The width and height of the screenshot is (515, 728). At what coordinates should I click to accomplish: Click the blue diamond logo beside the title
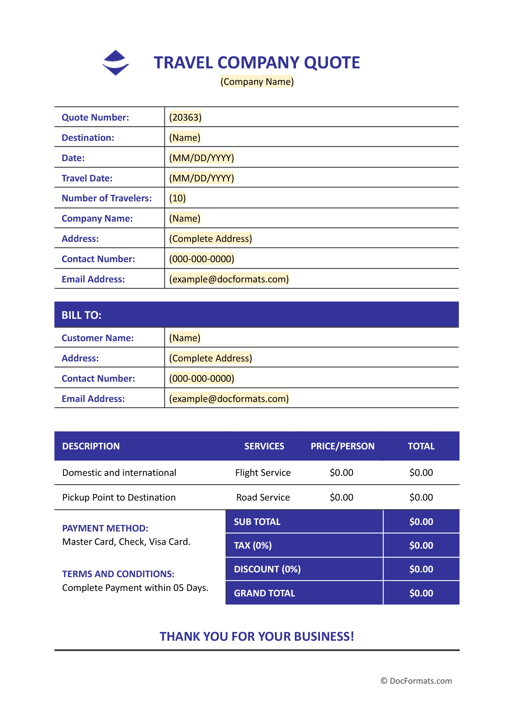click(116, 63)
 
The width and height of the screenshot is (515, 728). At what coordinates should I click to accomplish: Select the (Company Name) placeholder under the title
click(257, 82)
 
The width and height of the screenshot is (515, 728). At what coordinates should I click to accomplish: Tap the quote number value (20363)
click(185, 117)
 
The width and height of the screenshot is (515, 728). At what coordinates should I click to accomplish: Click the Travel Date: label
click(87, 178)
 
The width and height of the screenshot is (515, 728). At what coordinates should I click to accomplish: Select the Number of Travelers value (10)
click(177, 198)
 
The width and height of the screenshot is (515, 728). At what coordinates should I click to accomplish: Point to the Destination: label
click(88, 138)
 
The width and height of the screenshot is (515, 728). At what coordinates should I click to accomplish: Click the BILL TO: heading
click(81, 315)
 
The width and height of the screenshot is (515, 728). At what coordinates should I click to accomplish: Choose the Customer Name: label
click(98, 338)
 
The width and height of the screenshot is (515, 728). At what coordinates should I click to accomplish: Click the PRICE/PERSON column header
click(342, 446)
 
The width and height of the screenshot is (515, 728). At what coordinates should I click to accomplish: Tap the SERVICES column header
click(264, 446)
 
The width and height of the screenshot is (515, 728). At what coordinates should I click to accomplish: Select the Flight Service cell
click(263, 473)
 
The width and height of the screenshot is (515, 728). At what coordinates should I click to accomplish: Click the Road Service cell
click(263, 497)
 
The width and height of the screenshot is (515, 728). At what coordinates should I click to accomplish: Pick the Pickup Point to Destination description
click(119, 497)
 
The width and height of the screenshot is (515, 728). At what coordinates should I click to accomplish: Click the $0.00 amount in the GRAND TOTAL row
click(421, 593)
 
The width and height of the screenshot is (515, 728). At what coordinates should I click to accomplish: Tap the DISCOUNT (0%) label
click(267, 569)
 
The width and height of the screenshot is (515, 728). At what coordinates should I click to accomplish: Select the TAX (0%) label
click(253, 546)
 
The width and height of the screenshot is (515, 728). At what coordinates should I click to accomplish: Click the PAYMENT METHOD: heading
click(105, 528)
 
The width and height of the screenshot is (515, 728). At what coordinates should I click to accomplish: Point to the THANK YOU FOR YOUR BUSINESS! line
click(256, 637)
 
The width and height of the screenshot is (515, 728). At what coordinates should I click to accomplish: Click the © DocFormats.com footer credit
click(416, 681)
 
